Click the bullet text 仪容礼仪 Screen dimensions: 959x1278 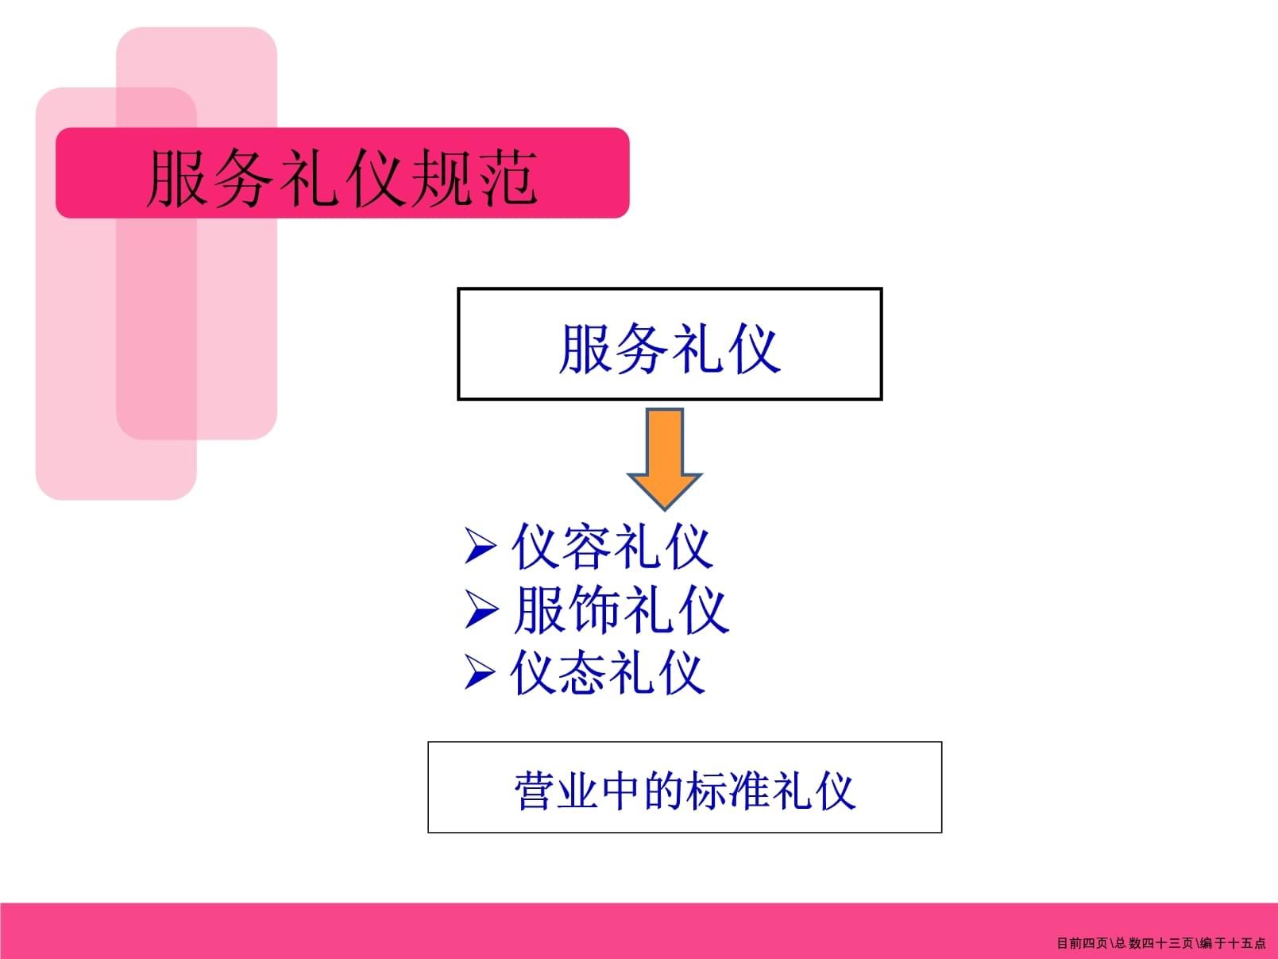click(x=612, y=547)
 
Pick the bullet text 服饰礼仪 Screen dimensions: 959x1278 click(x=620, y=610)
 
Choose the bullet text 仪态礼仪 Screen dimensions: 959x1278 click(x=608, y=674)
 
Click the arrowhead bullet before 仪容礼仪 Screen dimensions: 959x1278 click(x=480, y=547)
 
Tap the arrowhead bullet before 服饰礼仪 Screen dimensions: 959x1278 click(x=480, y=610)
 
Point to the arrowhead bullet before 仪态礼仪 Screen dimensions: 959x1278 click(x=480, y=673)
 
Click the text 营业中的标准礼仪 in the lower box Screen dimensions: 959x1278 click(x=685, y=791)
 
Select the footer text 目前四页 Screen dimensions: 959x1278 click(x=1082, y=943)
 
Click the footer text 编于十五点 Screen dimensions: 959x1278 click(x=1233, y=943)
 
